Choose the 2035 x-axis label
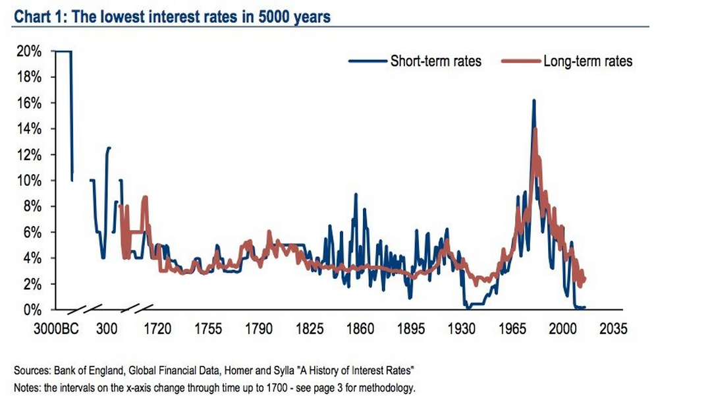click(x=614, y=328)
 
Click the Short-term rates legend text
click(x=435, y=61)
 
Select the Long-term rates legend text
click(x=587, y=61)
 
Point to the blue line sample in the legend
click(x=367, y=61)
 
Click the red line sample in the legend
click(x=520, y=61)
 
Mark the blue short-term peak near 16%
click(x=533, y=101)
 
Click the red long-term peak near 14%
click(x=535, y=129)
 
